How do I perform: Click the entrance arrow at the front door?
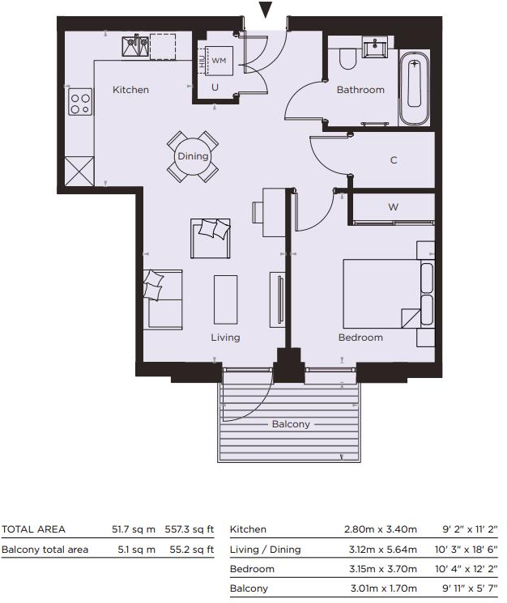[266, 10]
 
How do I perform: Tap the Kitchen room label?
[130, 90]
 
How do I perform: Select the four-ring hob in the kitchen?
[79, 104]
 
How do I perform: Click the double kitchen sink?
[135, 47]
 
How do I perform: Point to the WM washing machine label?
[219, 61]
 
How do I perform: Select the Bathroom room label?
[360, 90]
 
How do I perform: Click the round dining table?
[193, 156]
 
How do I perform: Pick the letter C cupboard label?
[394, 160]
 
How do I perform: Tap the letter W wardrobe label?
[394, 206]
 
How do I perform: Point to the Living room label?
[225, 338]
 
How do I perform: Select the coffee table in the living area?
[225, 299]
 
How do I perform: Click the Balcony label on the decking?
[290, 424]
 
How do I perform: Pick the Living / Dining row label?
[265, 550]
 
